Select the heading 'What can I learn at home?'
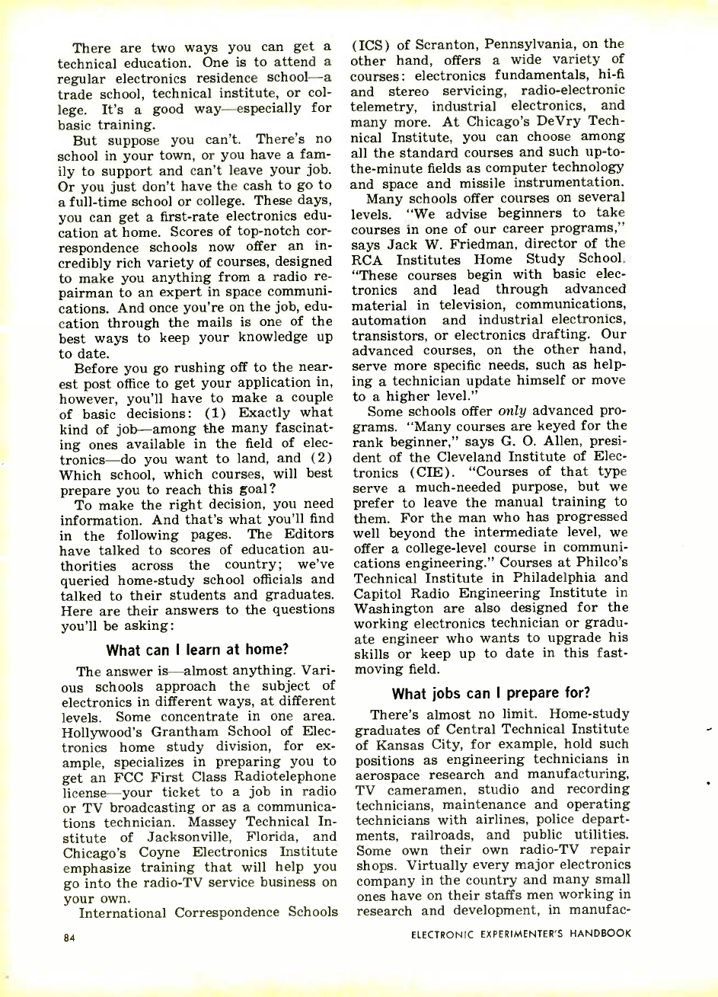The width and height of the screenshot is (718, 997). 197,650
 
